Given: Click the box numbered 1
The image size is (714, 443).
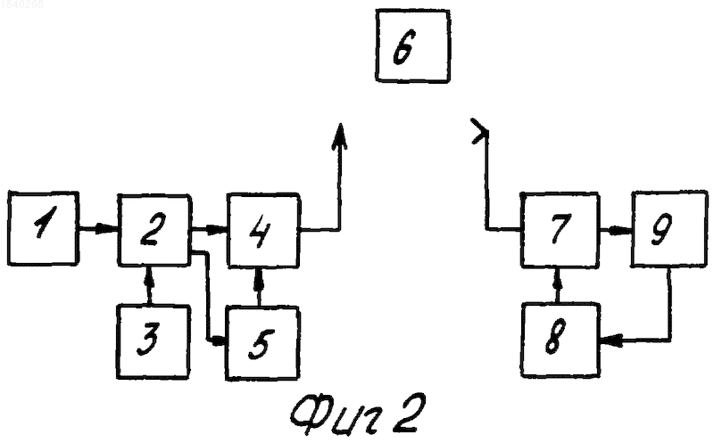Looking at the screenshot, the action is click(x=43, y=228).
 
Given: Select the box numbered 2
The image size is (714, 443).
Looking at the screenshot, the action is click(x=154, y=230).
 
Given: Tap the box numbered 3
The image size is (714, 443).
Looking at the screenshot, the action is click(x=153, y=341).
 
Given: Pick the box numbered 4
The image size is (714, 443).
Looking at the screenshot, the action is click(x=263, y=230).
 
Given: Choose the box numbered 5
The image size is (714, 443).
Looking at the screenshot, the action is click(x=262, y=343).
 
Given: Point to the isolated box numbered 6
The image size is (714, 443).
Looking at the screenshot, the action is click(x=413, y=45).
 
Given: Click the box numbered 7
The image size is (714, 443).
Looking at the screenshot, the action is click(x=560, y=230).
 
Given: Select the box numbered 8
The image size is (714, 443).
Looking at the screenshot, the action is click(x=560, y=340).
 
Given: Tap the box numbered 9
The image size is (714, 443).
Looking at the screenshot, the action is click(x=668, y=229).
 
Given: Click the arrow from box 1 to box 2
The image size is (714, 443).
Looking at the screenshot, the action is click(x=98, y=229).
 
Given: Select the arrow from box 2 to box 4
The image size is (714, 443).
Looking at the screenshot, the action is click(x=209, y=230).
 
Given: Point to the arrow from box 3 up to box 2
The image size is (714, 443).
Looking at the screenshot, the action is click(x=147, y=285).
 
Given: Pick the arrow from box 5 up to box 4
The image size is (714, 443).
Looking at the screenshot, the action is click(x=260, y=287).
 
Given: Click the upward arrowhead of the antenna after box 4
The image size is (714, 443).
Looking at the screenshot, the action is click(x=340, y=135).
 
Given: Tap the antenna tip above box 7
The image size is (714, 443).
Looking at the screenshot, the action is click(x=480, y=132).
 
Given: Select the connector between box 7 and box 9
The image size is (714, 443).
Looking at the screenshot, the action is click(x=615, y=231).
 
